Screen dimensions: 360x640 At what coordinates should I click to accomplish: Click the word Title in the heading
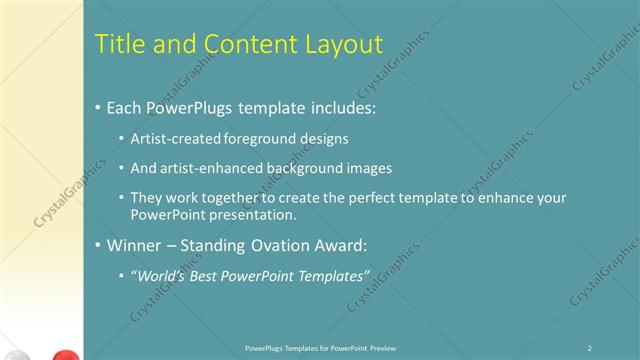[117, 44]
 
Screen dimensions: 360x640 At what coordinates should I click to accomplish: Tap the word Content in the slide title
[246, 44]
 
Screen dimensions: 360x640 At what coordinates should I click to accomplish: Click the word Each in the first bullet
[125, 107]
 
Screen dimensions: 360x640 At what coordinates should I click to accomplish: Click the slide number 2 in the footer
[590, 348]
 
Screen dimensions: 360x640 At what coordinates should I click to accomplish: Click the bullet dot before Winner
[97, 244]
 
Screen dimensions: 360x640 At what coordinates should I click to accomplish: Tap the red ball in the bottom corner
[64, 354]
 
